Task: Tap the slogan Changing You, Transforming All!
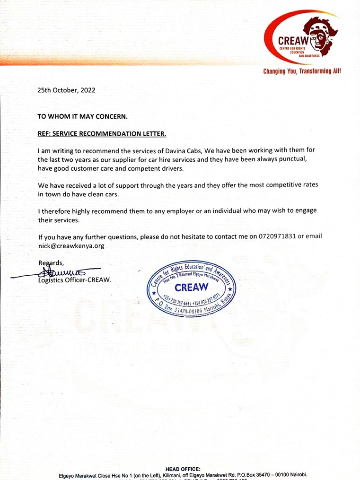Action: tap(302, 71)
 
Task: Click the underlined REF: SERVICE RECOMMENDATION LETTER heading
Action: tap(102, 134)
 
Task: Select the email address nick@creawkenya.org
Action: tap(71, 246)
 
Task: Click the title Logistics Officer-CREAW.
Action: tap(75, 280)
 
